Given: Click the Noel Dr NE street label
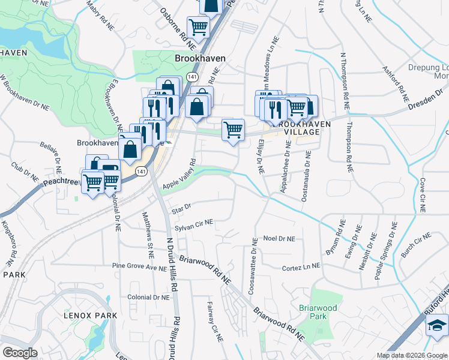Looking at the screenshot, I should (x=279, y=239).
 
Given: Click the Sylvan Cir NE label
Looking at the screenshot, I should (x=193, y=223).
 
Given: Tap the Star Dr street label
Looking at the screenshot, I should (x=181, y=208).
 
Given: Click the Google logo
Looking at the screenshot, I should (x=20, y=353).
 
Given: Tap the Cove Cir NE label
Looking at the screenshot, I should (x=423, y=193).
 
